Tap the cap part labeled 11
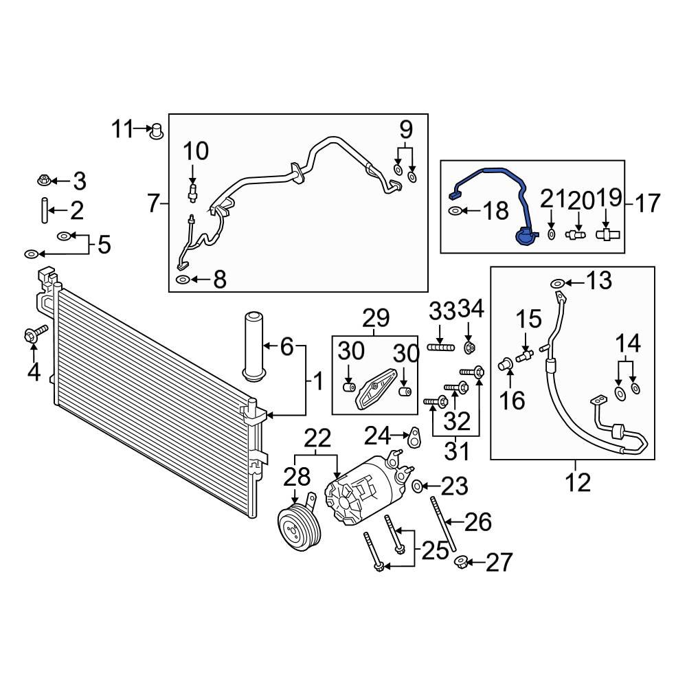pyautogui.click(x=157, y=129)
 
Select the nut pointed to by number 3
pyautogui.click(x=43, y=181)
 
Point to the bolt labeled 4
pyautogui.click(x=32, y=335)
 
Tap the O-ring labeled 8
pyautogui.click(x=183, y=279)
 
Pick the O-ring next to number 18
pyautogui.click(x=455, y=212)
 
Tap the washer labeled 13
pyautogui.click(x=558, y=282)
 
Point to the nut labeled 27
pyautogui.click(x=462, y=563)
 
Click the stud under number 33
pyautogui.click(x=441, y=348)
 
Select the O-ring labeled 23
pyautogui.click(x=417, y=487)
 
